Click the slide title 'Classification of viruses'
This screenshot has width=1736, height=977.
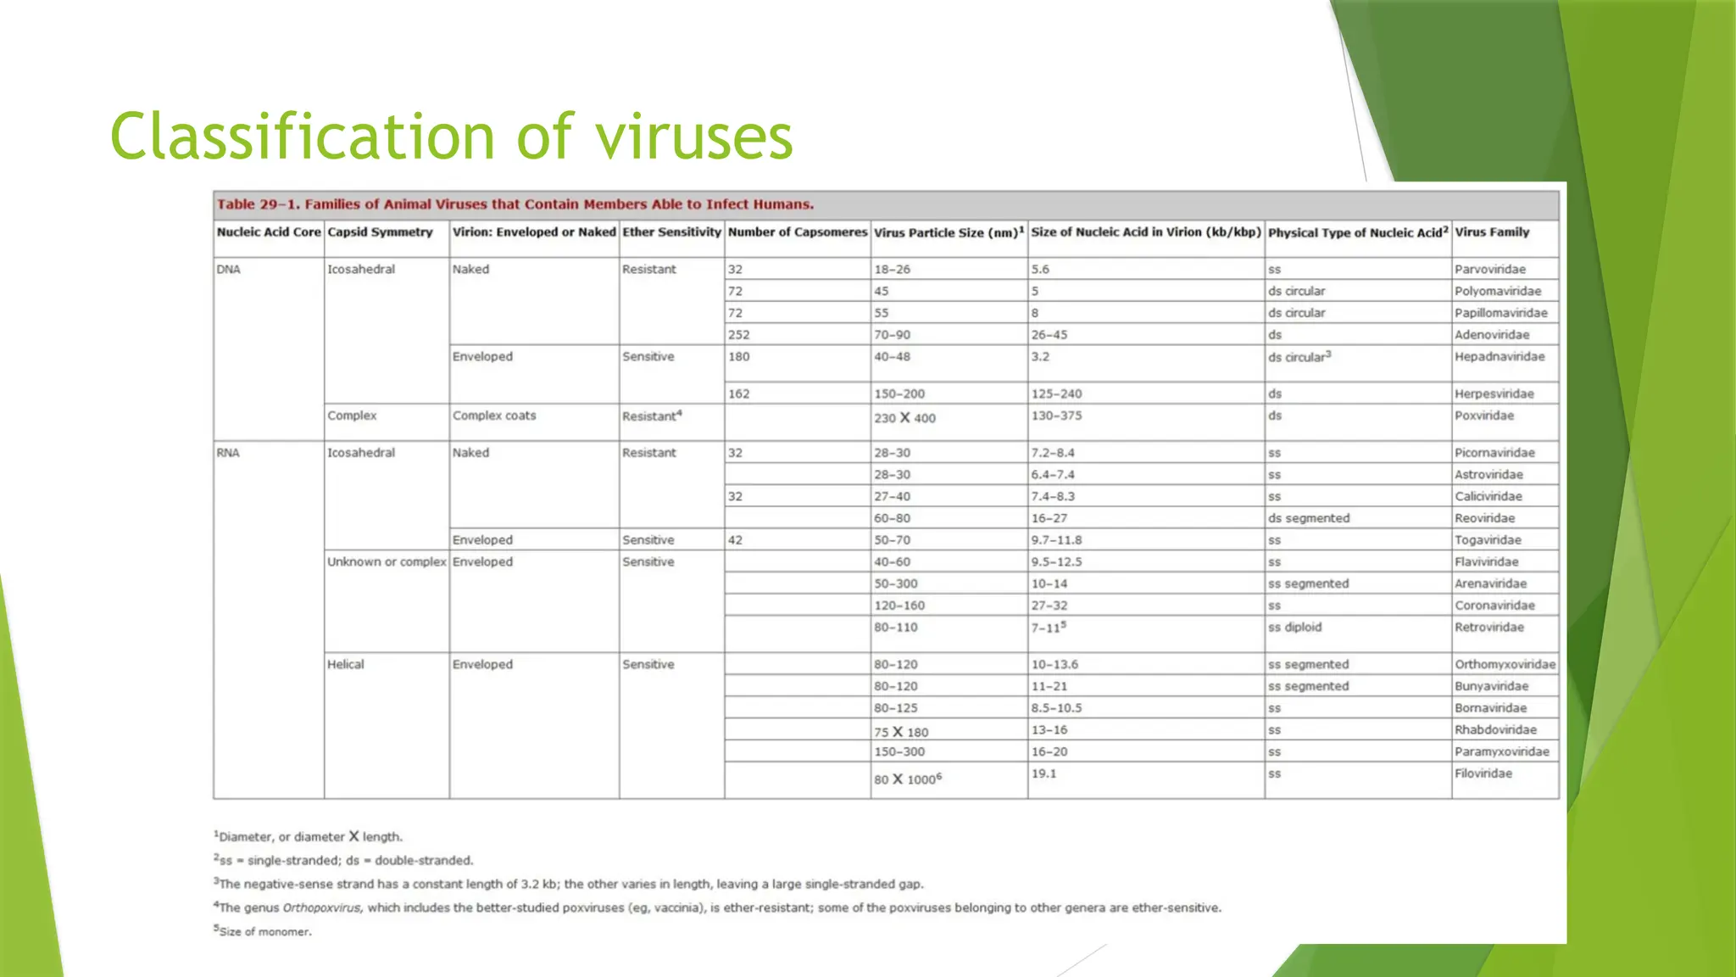click(451, 137)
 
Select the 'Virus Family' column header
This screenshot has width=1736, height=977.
click(1492, 232)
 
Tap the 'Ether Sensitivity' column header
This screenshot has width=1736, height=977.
click(671, 232)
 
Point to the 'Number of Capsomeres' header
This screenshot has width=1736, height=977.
click(797, 232)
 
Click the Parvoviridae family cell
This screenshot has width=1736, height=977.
click(1489, 270)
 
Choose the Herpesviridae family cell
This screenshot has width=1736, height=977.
click(1492, 394)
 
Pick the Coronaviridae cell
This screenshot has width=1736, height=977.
click(1494, 606)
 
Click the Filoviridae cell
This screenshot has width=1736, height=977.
click(1483, 773)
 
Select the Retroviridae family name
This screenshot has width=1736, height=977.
click(1488, 628)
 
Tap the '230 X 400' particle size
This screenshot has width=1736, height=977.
click(904, 418)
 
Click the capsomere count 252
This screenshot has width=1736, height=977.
click(738, 335)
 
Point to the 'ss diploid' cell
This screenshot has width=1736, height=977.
click(1294, 628)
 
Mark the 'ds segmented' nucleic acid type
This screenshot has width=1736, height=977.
click(1308, 518)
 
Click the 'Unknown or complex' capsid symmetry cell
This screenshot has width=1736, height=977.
click(387, 562)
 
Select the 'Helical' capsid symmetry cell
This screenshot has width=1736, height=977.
click(346, 665)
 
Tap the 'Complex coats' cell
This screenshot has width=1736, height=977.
click(494, 416)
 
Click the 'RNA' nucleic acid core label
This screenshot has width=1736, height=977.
click(228, 453)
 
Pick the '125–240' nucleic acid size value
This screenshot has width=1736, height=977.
click(1056, 394)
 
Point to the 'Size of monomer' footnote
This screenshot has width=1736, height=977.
click(264, 932)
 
